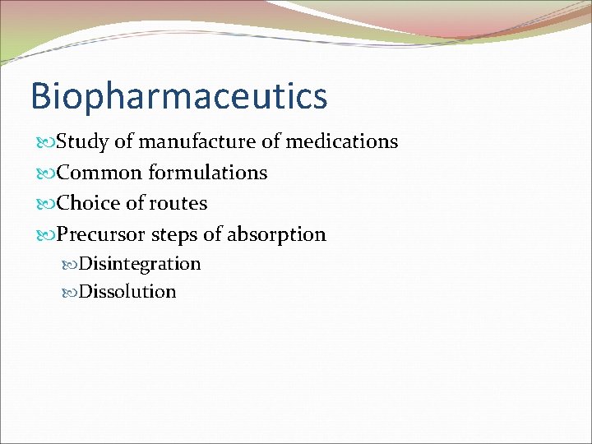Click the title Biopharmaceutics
coord(178,95)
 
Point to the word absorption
coord(276,235)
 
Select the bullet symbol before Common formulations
coord(44,173)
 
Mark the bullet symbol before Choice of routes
coord(44,204)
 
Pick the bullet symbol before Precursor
coord(44,235)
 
